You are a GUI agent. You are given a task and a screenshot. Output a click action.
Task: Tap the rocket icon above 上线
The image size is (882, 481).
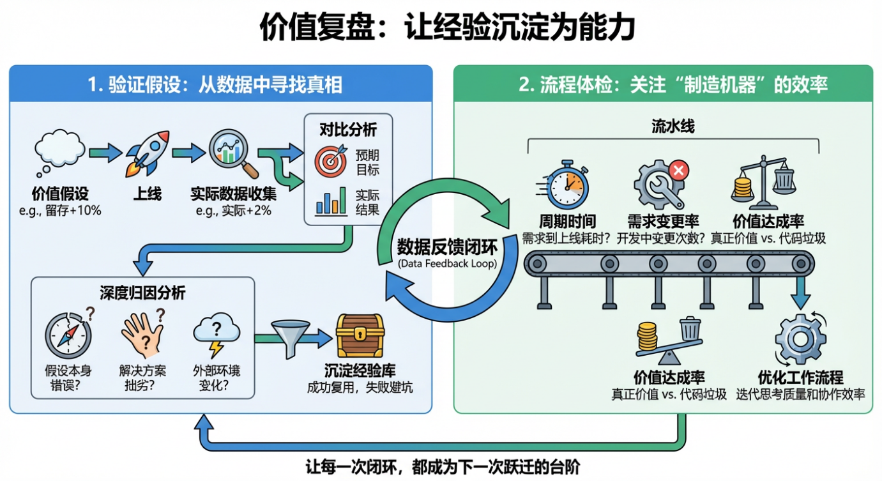click(x=148, y=153)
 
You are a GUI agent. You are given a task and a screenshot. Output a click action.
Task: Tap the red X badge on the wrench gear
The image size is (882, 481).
click(x=678, y=169)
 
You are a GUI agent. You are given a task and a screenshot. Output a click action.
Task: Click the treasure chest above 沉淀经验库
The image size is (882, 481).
click(x=360, y=335)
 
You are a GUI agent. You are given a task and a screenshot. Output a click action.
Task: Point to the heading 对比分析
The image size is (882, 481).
click(x=348, y=130)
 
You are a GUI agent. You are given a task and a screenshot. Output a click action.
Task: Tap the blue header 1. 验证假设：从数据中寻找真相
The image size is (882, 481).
click(x=220, y=84)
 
